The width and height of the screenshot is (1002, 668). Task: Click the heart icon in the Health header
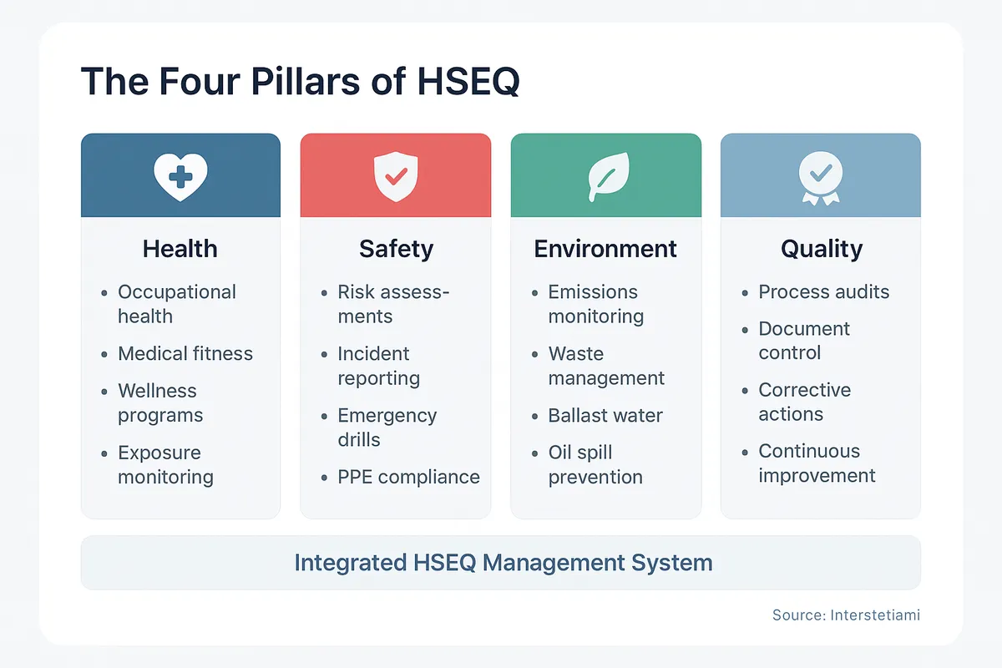coord(180,175)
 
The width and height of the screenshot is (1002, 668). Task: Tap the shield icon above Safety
coord(396,175)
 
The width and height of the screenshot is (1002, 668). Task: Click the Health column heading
coord(180,249)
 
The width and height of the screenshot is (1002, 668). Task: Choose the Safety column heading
coord(396,249)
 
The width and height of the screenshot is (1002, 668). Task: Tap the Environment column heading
coord(605,249)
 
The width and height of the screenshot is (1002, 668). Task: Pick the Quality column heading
coord(821,249)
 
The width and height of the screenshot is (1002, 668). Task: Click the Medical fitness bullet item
coord(185,353)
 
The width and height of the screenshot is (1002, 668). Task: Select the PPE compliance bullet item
coord(408,477)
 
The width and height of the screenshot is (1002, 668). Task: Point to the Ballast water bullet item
coord(605,416)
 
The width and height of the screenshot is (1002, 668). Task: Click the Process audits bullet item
coord(823,292)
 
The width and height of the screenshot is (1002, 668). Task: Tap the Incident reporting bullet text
coord(378,366)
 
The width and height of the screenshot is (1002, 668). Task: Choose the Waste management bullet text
coord(606,366)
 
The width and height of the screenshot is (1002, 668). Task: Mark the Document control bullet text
coord(804,341)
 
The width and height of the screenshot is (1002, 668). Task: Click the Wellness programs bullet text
coord(160,402)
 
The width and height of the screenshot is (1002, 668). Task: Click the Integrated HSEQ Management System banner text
coord(503,562)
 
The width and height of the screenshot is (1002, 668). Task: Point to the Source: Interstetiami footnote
coord(846,615)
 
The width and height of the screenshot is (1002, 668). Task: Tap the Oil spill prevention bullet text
coord(595,464)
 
